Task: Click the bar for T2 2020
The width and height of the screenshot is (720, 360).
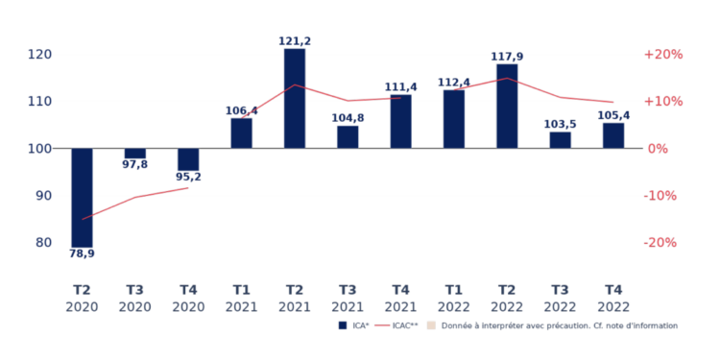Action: point(82,197)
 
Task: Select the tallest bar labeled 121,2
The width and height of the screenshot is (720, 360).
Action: point(295,98)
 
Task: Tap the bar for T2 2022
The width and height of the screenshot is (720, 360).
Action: point(507,106)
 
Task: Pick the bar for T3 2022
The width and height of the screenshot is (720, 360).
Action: point(560,140)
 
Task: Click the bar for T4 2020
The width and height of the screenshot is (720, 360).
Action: point(188,159)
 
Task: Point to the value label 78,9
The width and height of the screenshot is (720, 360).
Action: point(82,254)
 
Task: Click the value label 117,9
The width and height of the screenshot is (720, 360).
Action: point(507,56)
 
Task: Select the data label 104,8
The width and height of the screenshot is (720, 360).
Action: point(348,118)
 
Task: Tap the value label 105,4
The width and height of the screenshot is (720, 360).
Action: point(613,115)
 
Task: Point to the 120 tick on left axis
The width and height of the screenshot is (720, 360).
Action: point(39,55)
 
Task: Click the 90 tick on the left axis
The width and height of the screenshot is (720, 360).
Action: point(43,196)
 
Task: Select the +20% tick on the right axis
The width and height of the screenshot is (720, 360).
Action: point(662,55)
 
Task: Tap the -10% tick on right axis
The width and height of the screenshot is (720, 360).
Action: point(663,196)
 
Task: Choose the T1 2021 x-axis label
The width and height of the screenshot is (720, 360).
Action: point(241,299)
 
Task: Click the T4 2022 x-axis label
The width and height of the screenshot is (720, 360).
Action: point(613,299)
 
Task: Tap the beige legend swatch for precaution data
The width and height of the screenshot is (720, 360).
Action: point(432,325)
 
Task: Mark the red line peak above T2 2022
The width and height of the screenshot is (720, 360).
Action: point(507,79)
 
